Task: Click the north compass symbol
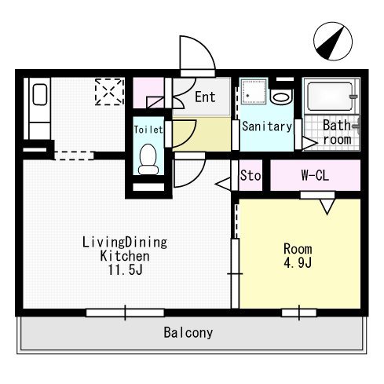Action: tap(333, 42)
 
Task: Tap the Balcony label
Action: tap(188, 332)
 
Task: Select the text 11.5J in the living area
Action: tap(126, 270)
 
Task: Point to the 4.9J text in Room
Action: tap(298, 262)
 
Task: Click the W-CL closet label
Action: tap(315, 175)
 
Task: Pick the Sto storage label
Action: tap(251, 175)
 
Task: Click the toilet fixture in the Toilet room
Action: tap(148, 159)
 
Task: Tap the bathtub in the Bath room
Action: tap(330, 97)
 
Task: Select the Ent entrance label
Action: tap(205, 97)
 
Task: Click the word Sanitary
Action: tap(267, 126)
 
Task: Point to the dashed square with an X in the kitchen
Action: tap(109, 92)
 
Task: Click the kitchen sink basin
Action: tap(40, 94)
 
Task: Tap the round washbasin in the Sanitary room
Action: tap(280, 97)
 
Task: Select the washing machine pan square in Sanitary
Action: tap(254, 92)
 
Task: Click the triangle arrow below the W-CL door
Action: tap(327, 207)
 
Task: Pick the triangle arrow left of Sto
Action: tap(223, 184)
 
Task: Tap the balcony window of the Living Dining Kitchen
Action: tap(125, 313)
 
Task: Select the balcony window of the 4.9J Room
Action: tap(299, 313)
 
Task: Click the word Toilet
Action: tap(148, 130)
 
